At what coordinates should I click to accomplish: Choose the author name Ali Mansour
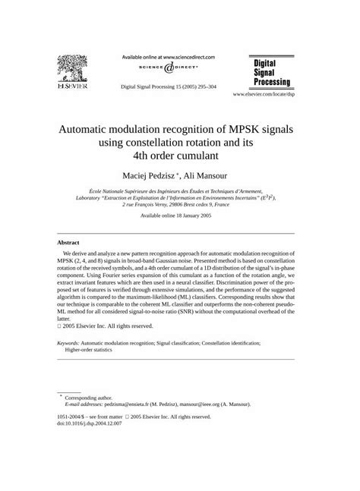(201, 178)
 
